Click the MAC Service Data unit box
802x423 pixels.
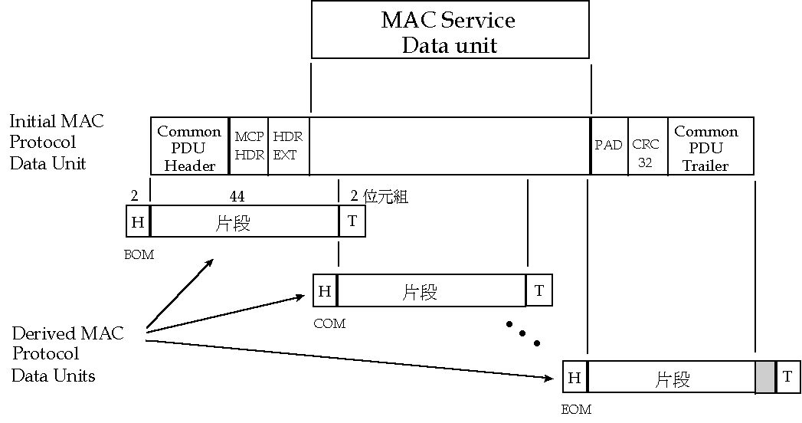[x=450, y=31]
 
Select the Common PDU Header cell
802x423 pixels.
[x=189, y=147]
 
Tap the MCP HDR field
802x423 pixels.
[x=249, y=146]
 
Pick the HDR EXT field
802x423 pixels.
[x=288, y=146]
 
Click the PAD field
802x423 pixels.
[x=609, y=146]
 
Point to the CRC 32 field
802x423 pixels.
[x=647, y=152]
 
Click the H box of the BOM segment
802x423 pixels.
[x=138, y=222]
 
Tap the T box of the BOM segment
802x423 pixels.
[x=352, y=222]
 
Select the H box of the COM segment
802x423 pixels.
[x=325, y=291]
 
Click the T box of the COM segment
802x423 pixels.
[x=538, y=291]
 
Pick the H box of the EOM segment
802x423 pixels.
[x=574, y=378]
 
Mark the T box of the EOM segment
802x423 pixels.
[x=787, y=378]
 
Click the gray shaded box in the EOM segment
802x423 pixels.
[x=765, y=378]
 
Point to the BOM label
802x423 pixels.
[x=139, y=255]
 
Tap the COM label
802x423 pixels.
[x=329, y=324]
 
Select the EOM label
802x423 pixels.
[x=576, y=410]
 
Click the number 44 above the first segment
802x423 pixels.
[x=237, y=196]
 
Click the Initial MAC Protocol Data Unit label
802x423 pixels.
[x=57, y=143]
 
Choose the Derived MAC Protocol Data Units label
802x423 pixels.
[x=67, y=354]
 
